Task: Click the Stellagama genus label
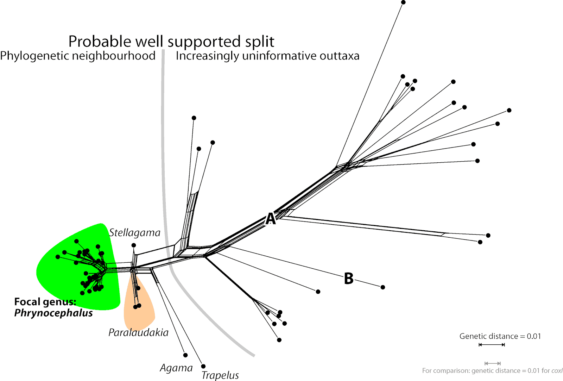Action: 134,232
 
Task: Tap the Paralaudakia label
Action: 138,332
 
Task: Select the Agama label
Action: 176,368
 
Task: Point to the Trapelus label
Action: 220,375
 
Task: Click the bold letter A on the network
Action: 270,219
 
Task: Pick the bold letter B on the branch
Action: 348,279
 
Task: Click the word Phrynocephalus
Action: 53,313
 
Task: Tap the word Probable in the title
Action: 101,42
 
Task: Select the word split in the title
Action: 260,42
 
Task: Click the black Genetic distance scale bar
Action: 492,345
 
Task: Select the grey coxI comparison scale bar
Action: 493,363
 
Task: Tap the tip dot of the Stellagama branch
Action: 134,245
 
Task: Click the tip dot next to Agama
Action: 185,355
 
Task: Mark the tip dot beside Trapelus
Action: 203,366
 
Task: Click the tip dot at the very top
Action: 403,2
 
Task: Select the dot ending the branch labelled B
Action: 383,287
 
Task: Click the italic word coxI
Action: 557,371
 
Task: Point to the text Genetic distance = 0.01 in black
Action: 500,336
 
